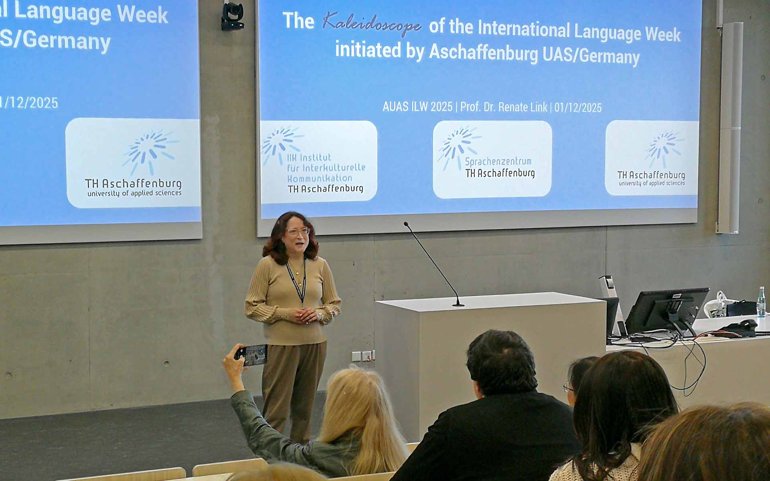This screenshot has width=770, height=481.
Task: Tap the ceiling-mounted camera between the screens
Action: [233, 16]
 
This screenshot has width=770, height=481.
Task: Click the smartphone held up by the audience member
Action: [251, 355]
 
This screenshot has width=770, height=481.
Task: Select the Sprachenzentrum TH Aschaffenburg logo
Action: [492, 159]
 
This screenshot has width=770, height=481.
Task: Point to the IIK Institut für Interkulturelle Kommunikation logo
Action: [319, 160]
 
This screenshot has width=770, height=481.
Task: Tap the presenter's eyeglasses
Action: [298, 232]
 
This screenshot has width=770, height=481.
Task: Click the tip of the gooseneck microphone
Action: [406, 224]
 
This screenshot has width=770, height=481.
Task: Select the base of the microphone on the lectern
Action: [458, 305]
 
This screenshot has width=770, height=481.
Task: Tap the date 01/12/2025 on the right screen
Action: [578, 107]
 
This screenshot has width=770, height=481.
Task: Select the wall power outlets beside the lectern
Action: [363, 355]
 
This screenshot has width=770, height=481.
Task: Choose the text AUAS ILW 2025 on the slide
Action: [417, 107]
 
